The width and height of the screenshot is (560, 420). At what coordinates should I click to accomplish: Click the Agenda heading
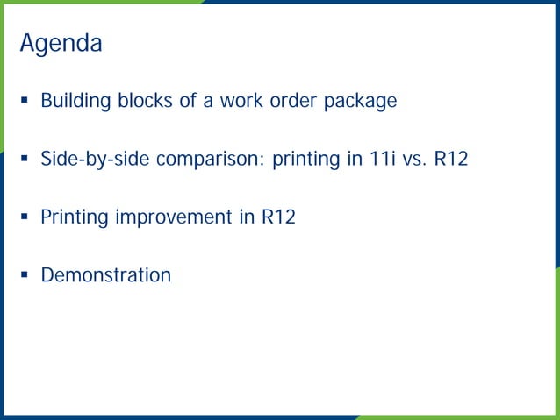pos(61,43)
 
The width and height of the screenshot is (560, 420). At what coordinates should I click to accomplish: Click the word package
pos(360,102)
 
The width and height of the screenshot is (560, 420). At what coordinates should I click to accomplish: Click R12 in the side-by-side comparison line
pos(451,160)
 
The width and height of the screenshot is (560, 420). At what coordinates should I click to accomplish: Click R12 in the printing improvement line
pos(278,217)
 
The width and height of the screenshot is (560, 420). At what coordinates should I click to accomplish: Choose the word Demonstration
pos(106,275)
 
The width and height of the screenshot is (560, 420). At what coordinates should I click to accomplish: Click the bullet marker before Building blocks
pos(25,102)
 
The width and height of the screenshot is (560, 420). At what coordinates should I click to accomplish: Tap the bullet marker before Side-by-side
pos(25,160)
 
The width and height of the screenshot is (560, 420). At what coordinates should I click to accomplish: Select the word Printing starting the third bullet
pos(75,217)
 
